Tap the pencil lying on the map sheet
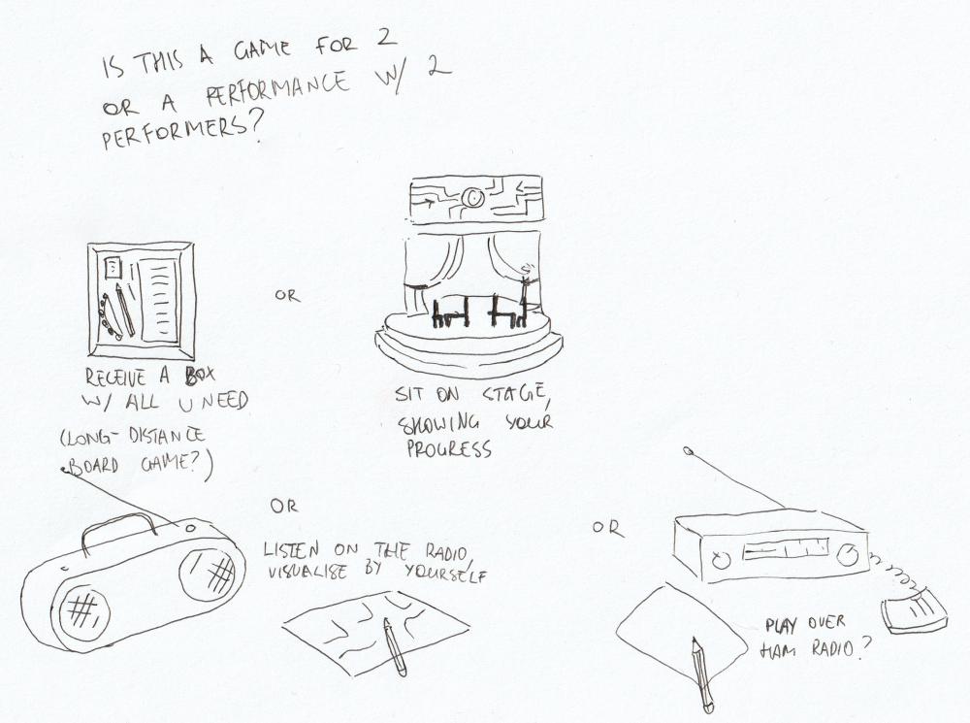[395, 645]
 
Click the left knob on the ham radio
[719, 560]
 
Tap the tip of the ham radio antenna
[688, 451]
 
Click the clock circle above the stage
[472, 198]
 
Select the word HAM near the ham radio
[782, 648]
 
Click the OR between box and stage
[287, 295]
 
